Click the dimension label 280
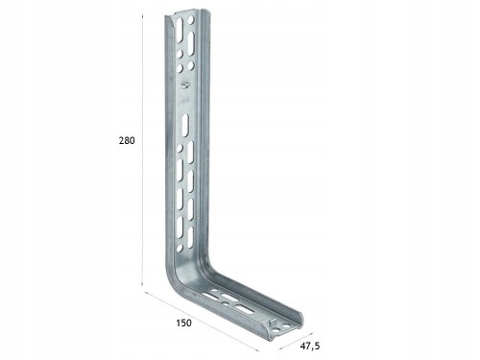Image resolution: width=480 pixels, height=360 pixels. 127,140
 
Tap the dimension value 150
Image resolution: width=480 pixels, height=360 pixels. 183,323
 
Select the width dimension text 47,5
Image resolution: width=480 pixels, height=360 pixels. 310,346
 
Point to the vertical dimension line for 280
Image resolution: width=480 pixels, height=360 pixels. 142,150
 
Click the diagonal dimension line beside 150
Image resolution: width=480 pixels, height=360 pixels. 202,322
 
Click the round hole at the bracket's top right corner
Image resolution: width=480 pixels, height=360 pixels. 191,20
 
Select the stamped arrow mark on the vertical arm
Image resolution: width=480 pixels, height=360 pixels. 185,84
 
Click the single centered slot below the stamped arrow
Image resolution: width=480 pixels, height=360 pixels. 185,126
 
